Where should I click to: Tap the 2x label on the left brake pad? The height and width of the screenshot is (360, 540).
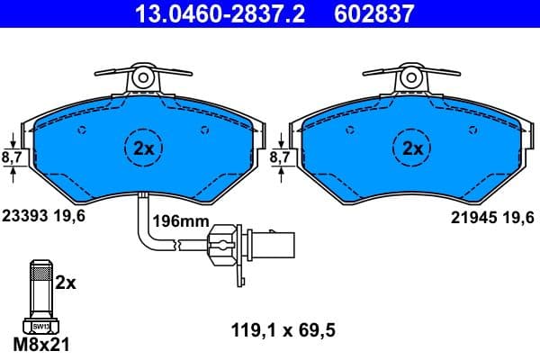[144, 149]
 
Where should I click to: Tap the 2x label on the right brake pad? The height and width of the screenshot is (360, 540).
[413, 149]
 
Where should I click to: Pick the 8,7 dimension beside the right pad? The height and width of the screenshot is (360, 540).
[282, 156]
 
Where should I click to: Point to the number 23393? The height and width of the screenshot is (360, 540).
[26, 217]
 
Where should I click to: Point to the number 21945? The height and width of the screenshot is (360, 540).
[469, 217]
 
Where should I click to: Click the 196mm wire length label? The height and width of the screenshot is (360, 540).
[180, 220]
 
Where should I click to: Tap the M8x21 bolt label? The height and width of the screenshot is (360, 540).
[41, 344]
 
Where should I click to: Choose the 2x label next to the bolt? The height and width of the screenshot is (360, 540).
[67, 282]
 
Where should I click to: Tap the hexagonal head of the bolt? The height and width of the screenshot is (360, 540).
[40, 326]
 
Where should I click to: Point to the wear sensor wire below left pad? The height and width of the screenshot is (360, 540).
[144, 225]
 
